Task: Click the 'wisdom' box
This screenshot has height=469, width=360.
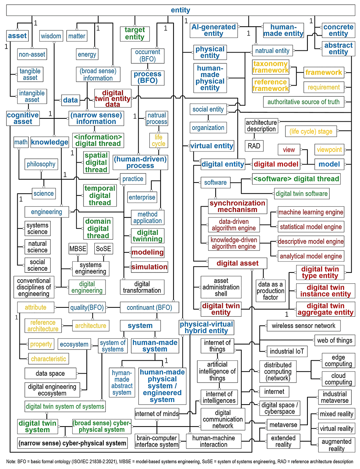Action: click(x=51, y=36)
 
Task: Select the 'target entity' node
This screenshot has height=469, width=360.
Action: click(x=135, y=33)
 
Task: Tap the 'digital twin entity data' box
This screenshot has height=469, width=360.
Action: click(x=113, y=98)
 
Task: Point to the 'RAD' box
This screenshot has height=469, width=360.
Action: click(x=254, y=146)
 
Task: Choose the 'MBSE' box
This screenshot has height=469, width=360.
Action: click(x=78, y=249)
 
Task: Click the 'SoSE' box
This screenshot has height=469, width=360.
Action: click(x=103, y=249)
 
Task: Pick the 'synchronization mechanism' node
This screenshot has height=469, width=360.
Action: click(x=237, y=206)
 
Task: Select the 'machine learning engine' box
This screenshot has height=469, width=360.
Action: click(x=311, y=212)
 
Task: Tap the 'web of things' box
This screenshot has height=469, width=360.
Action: click(x=334, y=341)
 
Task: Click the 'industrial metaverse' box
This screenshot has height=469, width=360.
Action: click(x=334, y=397)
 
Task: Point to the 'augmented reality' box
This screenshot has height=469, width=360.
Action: click(x=337, y=445)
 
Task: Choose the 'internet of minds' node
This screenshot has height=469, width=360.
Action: click(x=157, y=414)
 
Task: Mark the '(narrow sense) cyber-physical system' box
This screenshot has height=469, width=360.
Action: click(x=72, y=443)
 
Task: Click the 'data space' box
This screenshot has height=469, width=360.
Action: click(x=50, y=373)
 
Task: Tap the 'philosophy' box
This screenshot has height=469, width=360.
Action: click(x=41, y=164)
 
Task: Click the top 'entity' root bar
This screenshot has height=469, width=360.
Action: click(x=181, y=10)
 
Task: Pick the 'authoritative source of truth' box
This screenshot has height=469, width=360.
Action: click(x=303, y=102)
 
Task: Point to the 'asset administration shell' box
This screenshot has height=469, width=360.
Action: click(x=221, y=287)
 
